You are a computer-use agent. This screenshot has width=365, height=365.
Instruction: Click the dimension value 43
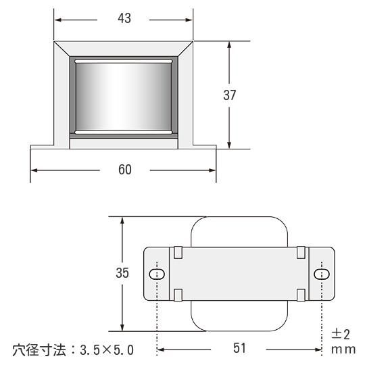(124, 18)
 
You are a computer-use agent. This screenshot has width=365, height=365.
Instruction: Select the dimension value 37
(230, 95)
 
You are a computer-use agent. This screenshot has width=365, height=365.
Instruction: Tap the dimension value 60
(125, 170)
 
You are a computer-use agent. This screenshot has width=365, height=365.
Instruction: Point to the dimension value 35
(122, 273)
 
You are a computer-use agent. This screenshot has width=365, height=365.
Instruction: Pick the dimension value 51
(239, 348)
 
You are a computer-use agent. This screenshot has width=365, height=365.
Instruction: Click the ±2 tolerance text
(340, 335)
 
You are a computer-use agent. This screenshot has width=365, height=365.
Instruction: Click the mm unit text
(343, 349)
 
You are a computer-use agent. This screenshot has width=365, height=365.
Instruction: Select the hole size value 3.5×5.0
(107, 350)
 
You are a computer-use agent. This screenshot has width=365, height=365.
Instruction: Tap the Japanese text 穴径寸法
(39, 350)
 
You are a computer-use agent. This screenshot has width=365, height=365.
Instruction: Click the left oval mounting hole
(157, 274)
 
